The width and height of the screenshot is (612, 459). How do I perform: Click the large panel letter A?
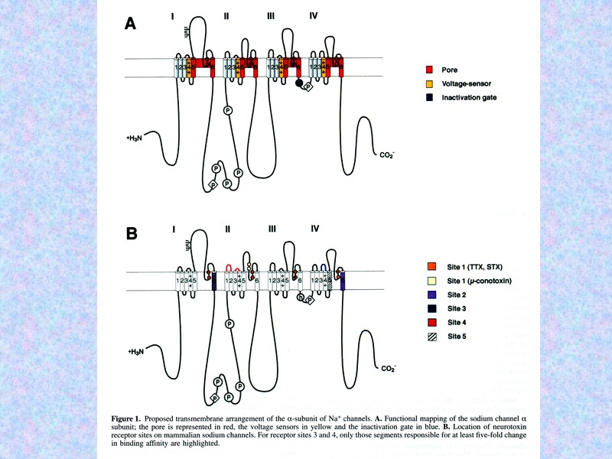[131, 24]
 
